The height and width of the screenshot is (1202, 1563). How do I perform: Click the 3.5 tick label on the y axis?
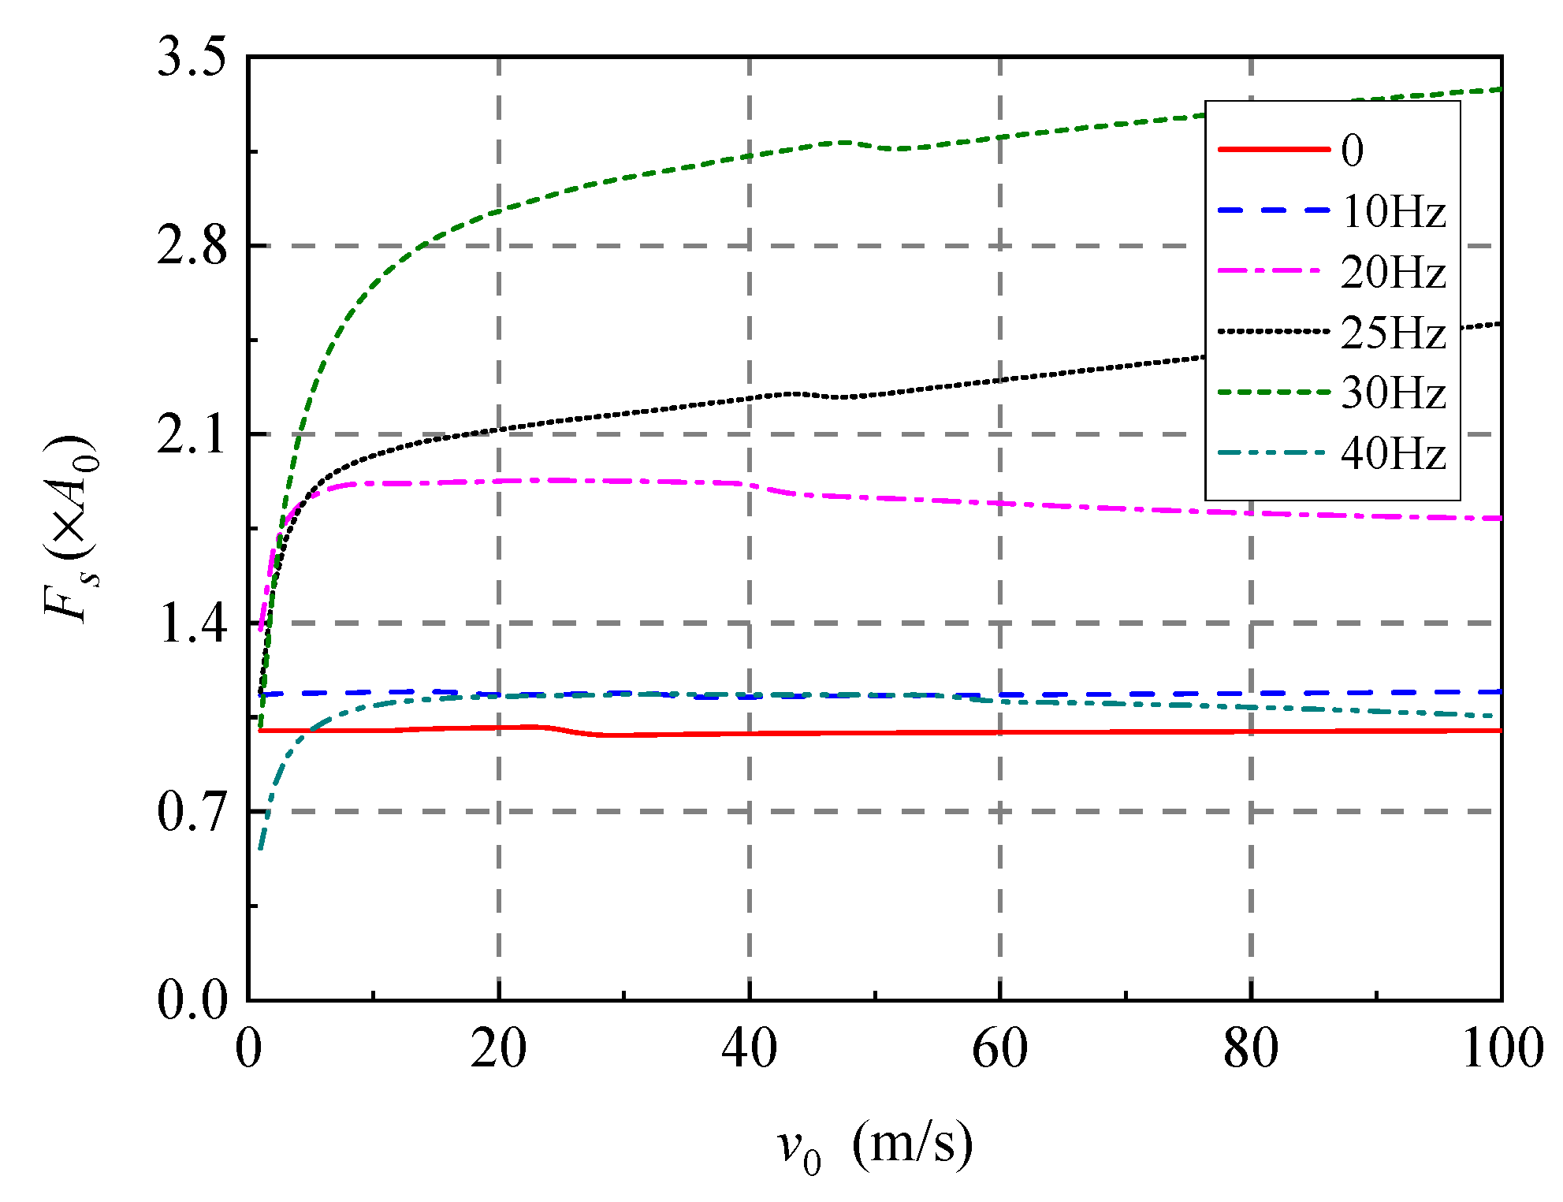point(192,58)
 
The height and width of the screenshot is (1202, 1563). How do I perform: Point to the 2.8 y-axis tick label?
point(192,247)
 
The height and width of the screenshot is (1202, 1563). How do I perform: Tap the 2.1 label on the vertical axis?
point(192,435)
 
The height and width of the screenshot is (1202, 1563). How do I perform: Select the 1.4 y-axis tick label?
point(192,623)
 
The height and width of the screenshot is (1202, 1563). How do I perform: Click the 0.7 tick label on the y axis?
point(192,813)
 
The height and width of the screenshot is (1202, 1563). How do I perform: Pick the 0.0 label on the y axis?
point(192,1001)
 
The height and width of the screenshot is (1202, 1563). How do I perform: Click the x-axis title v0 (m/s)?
point(875,1147)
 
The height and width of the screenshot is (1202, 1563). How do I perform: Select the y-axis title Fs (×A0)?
point(71,528)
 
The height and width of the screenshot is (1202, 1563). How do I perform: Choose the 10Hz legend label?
point(1394,212)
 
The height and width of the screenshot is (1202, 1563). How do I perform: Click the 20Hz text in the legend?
point(1394,273)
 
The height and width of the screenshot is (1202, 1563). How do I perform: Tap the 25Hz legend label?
point(1394,333)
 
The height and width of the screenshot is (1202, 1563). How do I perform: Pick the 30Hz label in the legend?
point(1394,393)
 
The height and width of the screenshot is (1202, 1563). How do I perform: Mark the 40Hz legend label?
point(1394,454)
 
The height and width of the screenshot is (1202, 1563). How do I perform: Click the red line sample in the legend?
point(1273,150)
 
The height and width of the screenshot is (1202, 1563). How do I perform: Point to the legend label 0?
point(1352,151)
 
